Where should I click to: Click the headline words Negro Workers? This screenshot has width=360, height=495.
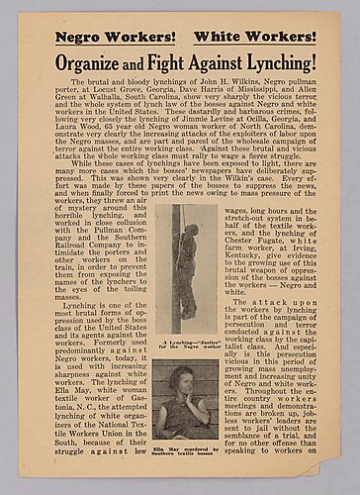click(x=110, y=37)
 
